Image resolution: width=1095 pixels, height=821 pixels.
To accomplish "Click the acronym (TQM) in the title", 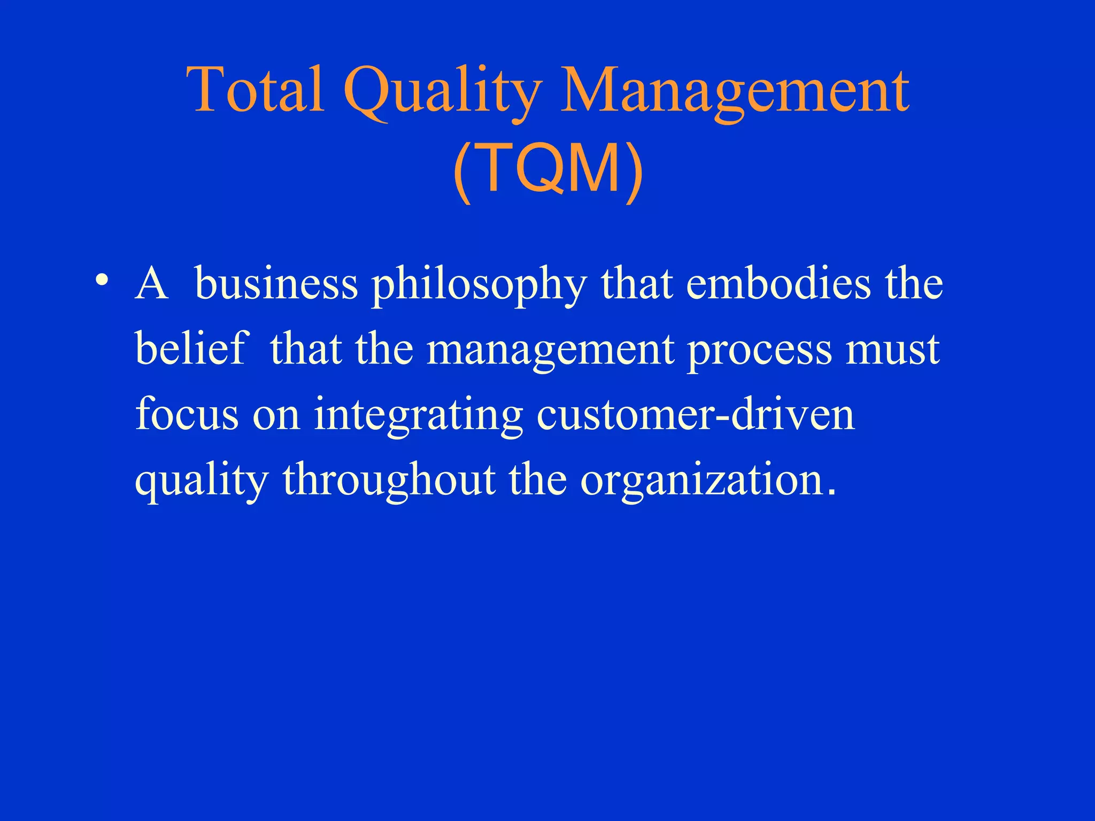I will tap(547, 168).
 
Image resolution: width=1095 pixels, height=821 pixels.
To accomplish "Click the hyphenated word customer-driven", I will tap(695, 414).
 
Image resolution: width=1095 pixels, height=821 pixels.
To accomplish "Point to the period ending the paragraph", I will tap(830, 493).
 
